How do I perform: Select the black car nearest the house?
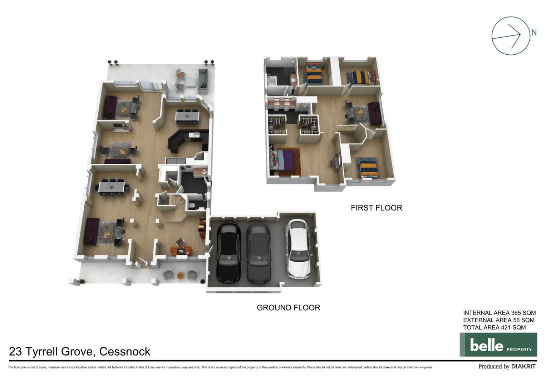[x=228, y=253]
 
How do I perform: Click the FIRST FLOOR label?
[x=376, y=208]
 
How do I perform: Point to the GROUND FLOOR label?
[x=288, y=307]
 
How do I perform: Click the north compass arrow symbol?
[x=510, y=36]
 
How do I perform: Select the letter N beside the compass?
[x=533, y=33]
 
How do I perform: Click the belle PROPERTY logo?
[x=498, y=345]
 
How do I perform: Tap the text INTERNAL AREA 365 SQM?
[x=499, y=313]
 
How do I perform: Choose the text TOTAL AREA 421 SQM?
[x=494, y=327]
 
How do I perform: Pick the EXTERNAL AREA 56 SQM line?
[x=498, y=320]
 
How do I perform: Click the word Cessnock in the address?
[x=125, y=352]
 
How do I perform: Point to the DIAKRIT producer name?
[x=523, y=366]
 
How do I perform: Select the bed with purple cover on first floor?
[x=285, y=161]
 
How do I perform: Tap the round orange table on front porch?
[x=180, y=275]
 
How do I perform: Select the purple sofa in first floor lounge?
[x=374, y=113]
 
